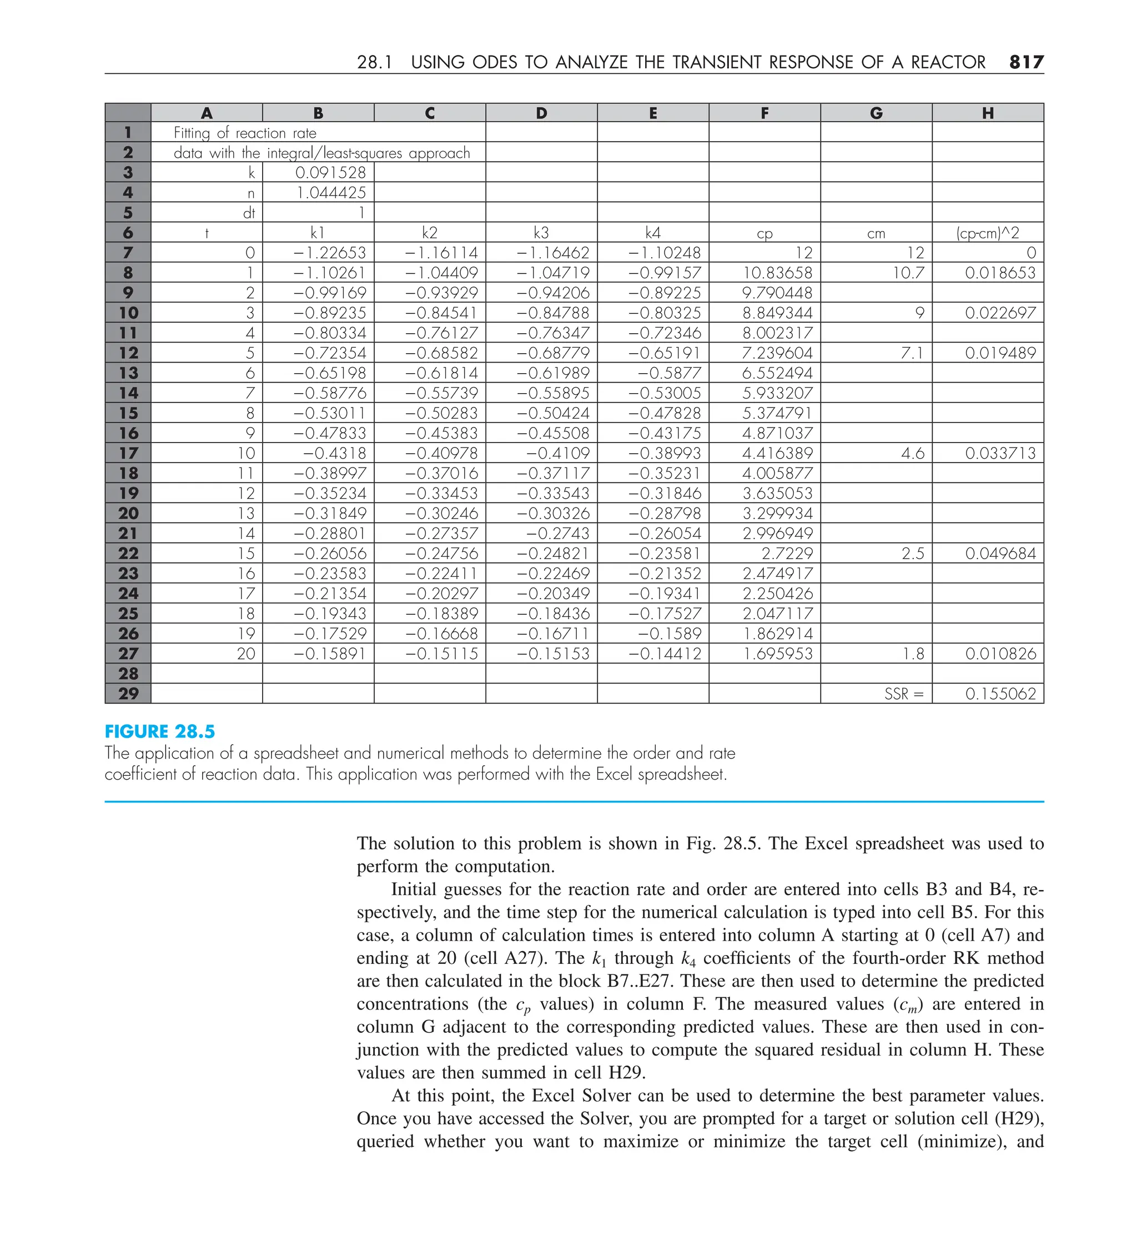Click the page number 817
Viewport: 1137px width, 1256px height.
(1026, 62)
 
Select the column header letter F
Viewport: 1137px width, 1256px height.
(764, 113)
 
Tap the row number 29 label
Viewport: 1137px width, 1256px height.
(128, 694)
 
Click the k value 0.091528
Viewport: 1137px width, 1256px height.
(330, 173)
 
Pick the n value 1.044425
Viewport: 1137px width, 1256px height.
(331, 193)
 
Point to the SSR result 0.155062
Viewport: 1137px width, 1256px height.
(1000, 694)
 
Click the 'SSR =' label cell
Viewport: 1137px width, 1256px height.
(903, 694)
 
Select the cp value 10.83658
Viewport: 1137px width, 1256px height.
(777, 272)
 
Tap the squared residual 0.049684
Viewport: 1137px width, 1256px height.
(1000, 553)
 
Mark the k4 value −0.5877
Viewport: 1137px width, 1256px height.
(670, 373)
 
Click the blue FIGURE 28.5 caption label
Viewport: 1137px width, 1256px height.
(159, 731)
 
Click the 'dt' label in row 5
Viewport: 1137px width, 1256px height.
(249, 213)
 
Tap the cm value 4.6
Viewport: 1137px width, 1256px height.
(912, 453)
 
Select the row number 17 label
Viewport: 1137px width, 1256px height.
(128, 453)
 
